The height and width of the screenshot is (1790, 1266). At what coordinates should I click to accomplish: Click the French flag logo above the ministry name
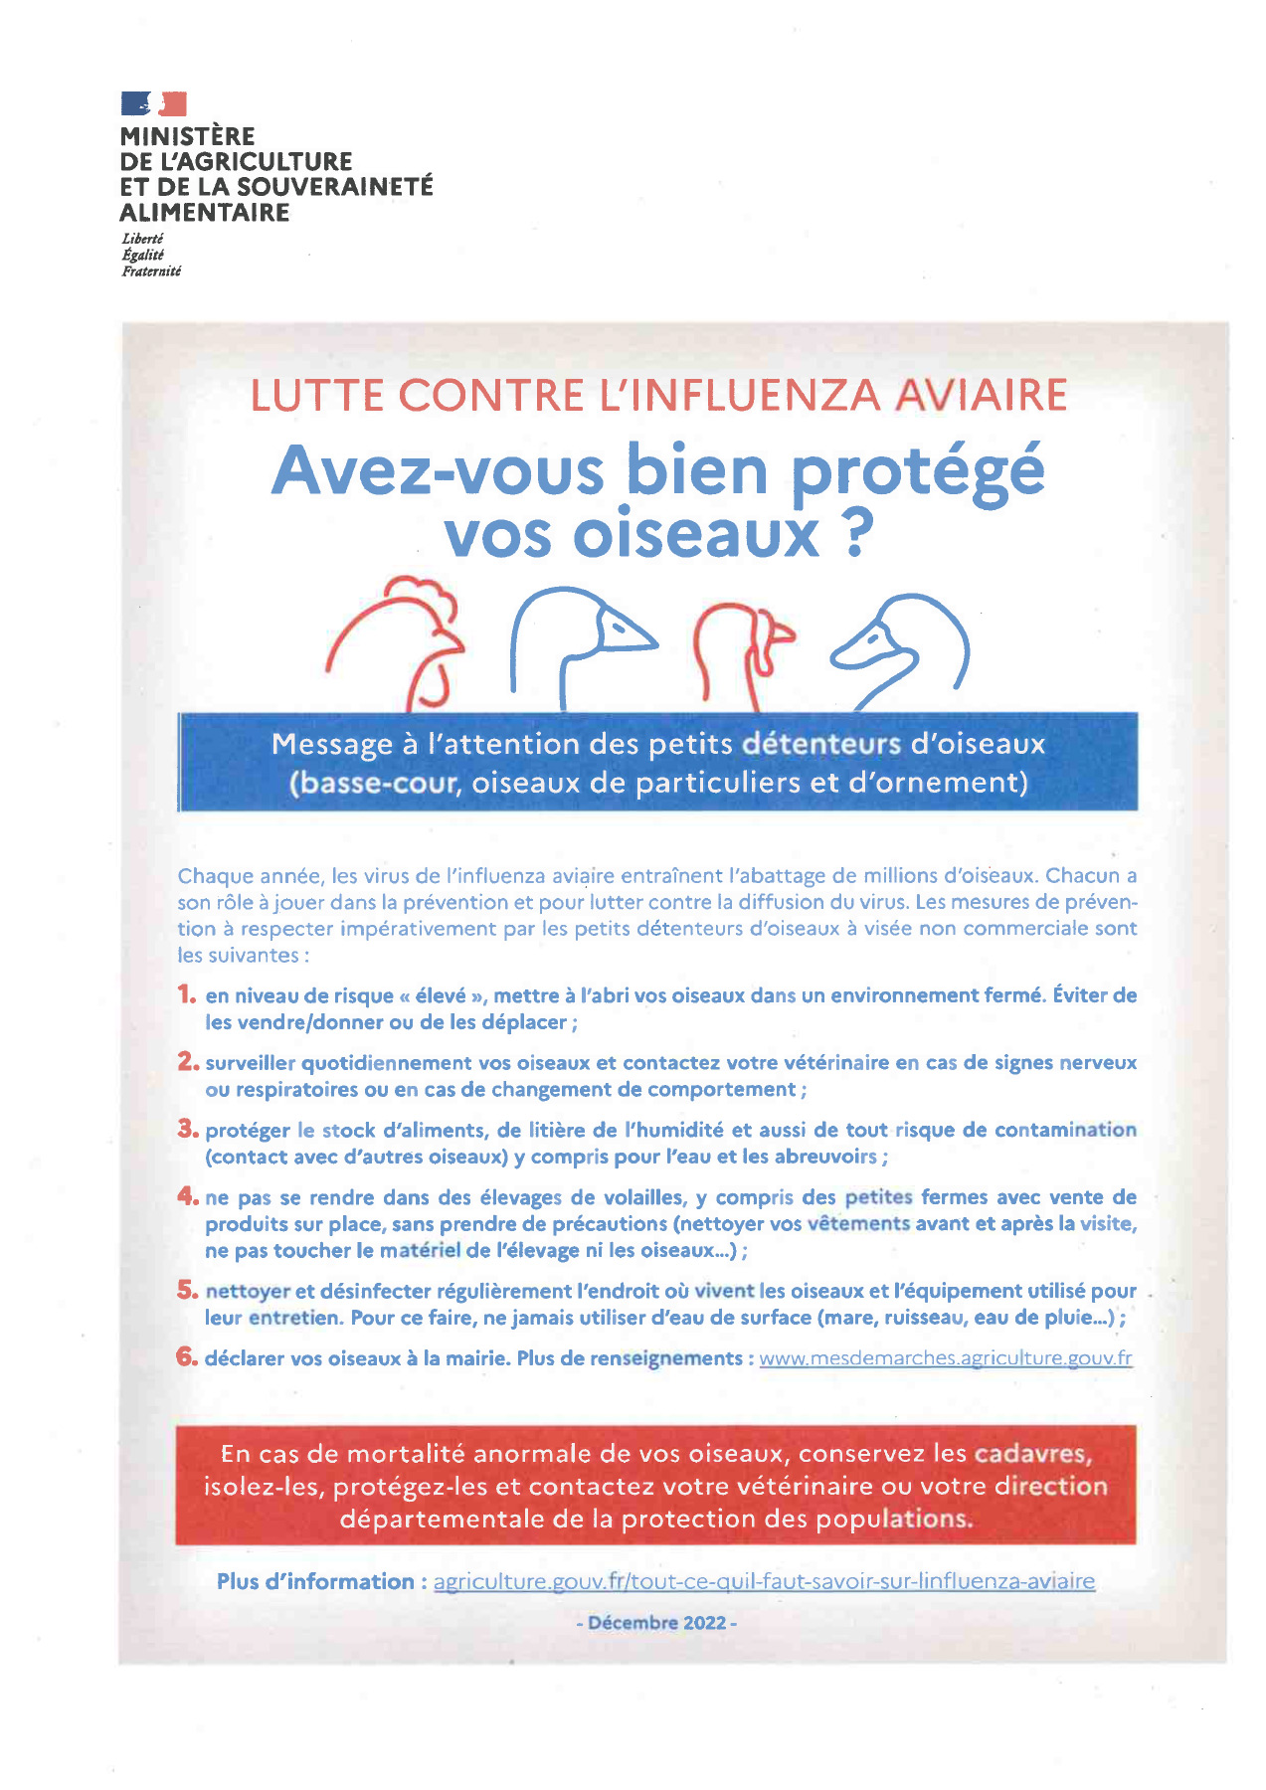[153, 103]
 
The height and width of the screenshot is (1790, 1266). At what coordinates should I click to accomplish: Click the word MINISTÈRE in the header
[187, 136]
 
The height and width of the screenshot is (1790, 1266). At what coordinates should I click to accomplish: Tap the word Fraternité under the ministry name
[151, 271]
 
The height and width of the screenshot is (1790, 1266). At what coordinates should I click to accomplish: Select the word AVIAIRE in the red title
[981, 396]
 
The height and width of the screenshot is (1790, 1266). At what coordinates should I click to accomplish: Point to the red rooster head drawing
[398, 641]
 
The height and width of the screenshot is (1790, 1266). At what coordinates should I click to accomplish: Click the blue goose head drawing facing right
[582, 636]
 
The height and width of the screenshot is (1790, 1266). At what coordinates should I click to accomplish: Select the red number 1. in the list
[187, 993]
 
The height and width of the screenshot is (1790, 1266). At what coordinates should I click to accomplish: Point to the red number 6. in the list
[187, 1357]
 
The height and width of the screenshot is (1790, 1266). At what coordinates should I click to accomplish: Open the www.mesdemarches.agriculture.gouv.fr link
[945, 1358]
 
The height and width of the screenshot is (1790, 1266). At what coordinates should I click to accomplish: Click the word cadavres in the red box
[1032, 1454]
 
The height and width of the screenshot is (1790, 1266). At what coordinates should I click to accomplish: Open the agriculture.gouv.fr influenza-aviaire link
[764, 1581]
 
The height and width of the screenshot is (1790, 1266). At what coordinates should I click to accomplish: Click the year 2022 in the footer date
[705, 1623]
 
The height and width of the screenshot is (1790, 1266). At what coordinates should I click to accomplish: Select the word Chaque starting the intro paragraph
[214, 876]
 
